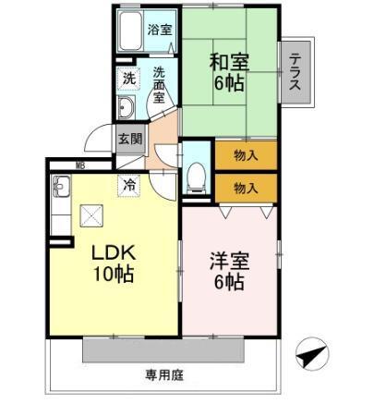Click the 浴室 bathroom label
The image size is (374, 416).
[160, 30]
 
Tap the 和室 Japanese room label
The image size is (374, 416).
[228, 63]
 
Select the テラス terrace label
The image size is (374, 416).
[296, 72]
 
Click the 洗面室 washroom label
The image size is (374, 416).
[159, 85]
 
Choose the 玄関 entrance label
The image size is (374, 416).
[129, 140]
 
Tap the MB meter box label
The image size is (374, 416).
[80, 166]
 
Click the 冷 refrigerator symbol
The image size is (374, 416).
[130, 185]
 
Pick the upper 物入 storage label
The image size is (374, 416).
[245, 154]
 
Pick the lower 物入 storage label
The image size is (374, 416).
[245, 187]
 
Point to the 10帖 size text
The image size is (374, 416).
[114, 275]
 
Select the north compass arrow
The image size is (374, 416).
[311, 355]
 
